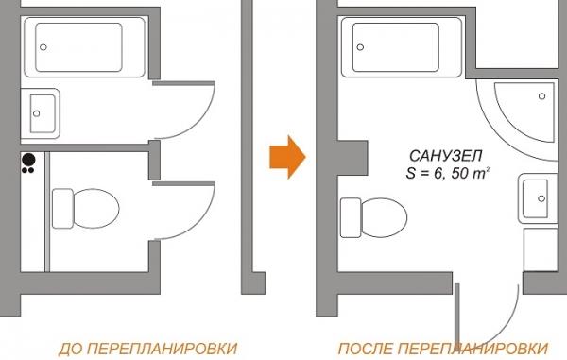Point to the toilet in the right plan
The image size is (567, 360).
click(369, 216)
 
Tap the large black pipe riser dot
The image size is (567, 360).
click(28, 160)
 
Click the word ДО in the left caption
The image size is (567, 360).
click(69, 347)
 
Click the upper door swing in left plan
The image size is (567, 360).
click(189, 109)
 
